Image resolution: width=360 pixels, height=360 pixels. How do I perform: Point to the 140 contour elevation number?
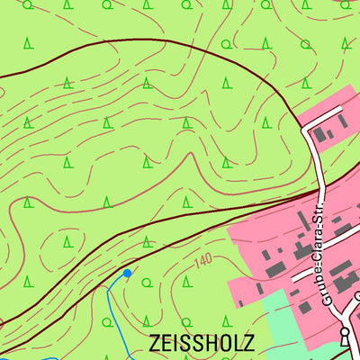click(204, 262)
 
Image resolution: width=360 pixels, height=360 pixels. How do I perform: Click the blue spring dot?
click(127, 273)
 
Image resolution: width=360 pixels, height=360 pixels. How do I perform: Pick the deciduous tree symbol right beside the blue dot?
click(147, 281)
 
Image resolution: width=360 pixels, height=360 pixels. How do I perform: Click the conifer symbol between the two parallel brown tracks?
click(147, 241)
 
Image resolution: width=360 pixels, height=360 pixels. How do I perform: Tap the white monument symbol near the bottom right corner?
click(344, 334)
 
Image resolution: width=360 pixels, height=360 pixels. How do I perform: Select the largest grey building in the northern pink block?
click(321, 133)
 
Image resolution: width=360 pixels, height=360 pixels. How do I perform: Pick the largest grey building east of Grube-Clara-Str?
click(343, 284)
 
